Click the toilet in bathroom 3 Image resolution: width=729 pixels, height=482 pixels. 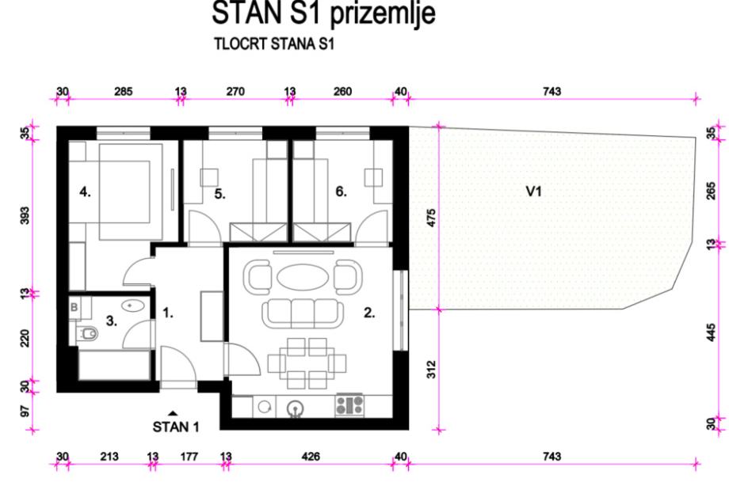[87, 333]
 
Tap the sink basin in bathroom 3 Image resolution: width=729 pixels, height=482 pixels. [133, 305]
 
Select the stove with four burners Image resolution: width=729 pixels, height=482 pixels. [349, 405]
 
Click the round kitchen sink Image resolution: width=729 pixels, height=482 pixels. [295, 408]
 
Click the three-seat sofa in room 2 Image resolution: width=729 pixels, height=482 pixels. [303, 313]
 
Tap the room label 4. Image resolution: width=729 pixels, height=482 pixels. [85, 192]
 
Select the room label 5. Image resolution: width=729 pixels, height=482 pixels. [220, 194]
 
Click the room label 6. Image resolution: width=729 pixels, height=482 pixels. [342, 192]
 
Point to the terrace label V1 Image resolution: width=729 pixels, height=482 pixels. [534, 192]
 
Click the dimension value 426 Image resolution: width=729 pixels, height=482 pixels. [310, 457]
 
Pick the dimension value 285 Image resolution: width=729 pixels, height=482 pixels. [123, 92]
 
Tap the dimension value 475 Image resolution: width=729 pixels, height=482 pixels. [431, 218]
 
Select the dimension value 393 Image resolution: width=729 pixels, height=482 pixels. [25, 215]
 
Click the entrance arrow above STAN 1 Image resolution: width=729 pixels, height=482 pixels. [173, 412]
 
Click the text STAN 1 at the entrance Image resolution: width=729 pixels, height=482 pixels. [176, 427]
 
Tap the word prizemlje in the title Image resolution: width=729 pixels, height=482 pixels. [383, 13]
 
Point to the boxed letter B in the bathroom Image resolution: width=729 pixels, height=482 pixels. [74, 307]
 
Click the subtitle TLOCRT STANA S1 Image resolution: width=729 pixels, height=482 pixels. [274, 44]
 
